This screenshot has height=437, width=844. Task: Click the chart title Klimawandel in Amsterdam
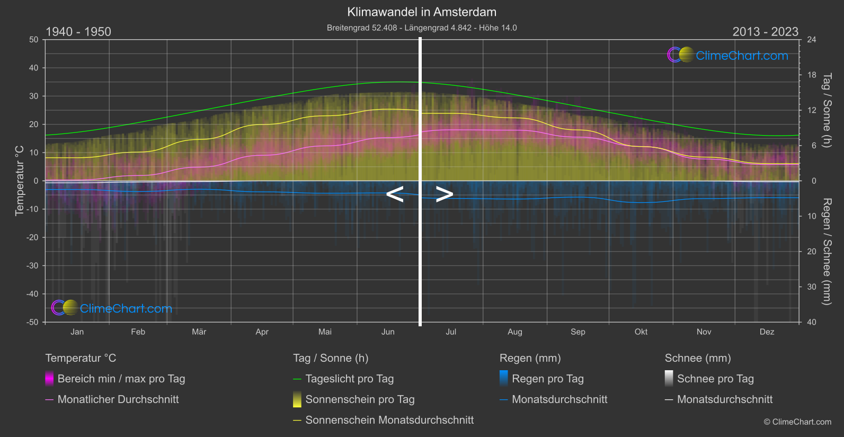pos(422,12)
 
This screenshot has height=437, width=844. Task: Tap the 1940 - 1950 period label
pos(78,32)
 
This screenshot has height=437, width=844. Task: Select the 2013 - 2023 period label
pos(765,32)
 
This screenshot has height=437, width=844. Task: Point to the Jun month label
pos(388,332)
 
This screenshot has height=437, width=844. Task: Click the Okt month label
pos(641,332)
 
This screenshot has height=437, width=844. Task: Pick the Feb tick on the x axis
pos(138,332)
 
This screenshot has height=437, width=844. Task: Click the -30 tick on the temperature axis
pos(32,265)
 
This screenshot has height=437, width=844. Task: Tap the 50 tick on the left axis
pos(34,40)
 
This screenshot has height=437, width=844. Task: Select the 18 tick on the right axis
pos(812,75)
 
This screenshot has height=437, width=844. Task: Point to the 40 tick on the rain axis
pos(812,322)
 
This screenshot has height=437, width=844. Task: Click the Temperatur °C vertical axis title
pos(20,181)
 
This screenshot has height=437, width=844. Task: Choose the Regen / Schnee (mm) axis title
pos(827,252)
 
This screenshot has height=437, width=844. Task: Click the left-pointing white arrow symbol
pos(395,194)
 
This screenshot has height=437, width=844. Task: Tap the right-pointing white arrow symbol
pos(445,194)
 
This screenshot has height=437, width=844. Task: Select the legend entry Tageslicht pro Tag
pos(349,379)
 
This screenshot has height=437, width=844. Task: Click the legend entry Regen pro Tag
pos(547,379)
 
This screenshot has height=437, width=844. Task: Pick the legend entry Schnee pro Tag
pos(715,379)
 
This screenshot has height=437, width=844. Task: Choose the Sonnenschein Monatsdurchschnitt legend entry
pos(389,420)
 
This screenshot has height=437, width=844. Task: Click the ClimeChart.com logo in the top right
pos(728,55)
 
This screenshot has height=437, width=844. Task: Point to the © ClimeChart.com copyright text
pos(797,422)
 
